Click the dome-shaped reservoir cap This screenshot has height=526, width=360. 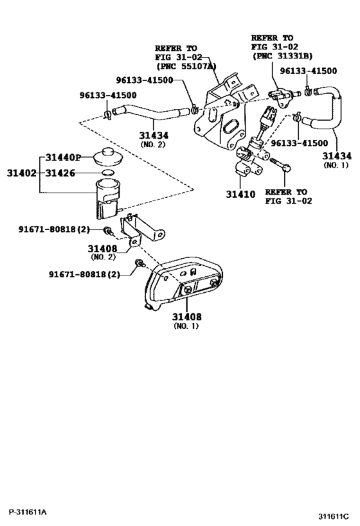point(108,159)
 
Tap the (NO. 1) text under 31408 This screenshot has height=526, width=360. point(186,326)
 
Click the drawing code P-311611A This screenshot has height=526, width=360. point(28,512)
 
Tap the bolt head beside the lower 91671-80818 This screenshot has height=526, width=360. point(138,263)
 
